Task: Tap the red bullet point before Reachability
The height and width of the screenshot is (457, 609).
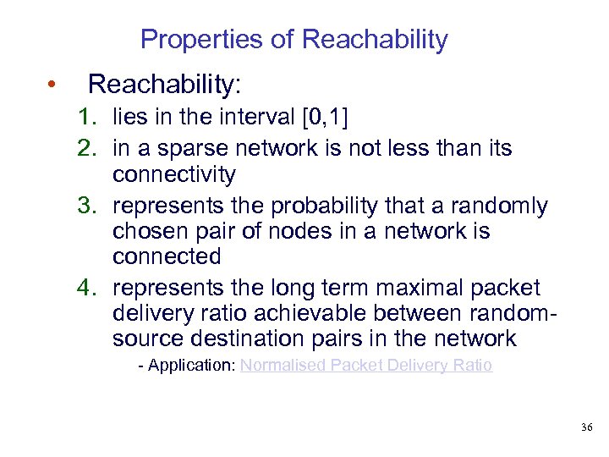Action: pyautogui.click(x=52, y=85)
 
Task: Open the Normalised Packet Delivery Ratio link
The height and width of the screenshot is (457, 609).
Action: pyautogui.click(x=365, y=366)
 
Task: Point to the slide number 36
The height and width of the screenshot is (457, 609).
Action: pyautogui.click(x=586, y=428)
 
